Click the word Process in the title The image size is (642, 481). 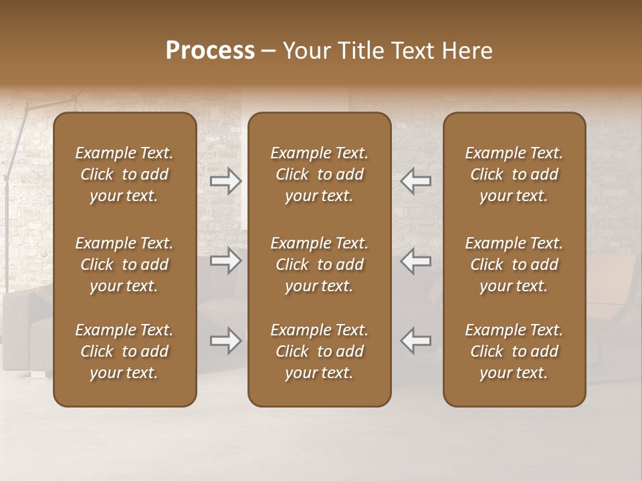(210, 51)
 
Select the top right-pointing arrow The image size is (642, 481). (226, 180)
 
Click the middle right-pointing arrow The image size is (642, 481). (226, 261)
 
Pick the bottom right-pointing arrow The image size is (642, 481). (226, 341)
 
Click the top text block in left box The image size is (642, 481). (124, 174)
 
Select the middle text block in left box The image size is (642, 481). (124, 265)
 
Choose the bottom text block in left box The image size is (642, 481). (124, 351)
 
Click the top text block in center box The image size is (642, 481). (320, 174)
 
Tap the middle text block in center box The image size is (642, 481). (320, 265)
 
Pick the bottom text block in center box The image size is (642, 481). (320, 351)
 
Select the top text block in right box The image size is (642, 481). (514, 174)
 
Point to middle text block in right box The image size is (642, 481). (514, 265)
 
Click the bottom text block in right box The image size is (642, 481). (514, 351)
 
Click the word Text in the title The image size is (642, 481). (411, 51)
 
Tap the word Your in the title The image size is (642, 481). (305, 51)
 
